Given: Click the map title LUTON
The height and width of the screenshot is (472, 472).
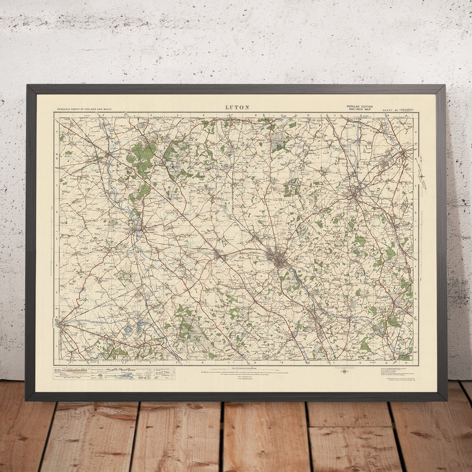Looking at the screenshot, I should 237,108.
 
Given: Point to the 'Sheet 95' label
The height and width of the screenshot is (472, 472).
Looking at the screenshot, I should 390,110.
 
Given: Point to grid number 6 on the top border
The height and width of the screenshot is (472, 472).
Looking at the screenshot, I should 202,115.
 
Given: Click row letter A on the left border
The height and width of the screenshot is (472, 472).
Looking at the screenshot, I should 57,132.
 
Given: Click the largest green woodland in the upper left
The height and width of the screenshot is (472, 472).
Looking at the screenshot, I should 142,154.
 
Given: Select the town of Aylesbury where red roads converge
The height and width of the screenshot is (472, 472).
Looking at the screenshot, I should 63,325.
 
